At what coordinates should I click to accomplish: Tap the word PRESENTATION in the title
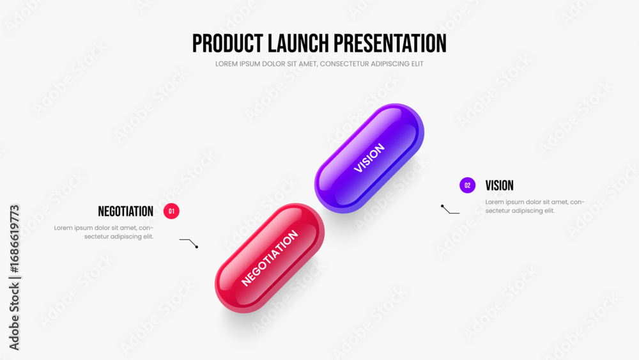click(390, 43)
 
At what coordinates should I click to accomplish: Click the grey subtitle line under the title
click(319, 64)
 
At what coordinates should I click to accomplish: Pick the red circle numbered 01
click(171, 211)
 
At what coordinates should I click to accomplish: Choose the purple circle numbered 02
click(468, 185)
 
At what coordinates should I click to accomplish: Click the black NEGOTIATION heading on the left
click(125, 211)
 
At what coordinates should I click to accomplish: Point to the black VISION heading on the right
click(499, 185)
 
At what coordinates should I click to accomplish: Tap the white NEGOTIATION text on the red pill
click(270, 258)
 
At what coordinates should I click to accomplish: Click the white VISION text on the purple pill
click(369, 158)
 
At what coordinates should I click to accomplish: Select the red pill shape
click(270, 258)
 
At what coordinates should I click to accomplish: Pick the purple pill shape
click(369, 158)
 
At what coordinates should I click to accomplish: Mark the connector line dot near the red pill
click(197, 247)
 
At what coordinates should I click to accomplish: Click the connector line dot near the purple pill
click(442, 207)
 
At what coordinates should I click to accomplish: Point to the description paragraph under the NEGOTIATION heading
click(104, 232)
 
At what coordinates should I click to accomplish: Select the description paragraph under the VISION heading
click(535, 207)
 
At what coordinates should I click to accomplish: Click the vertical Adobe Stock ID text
click(14, 278)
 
